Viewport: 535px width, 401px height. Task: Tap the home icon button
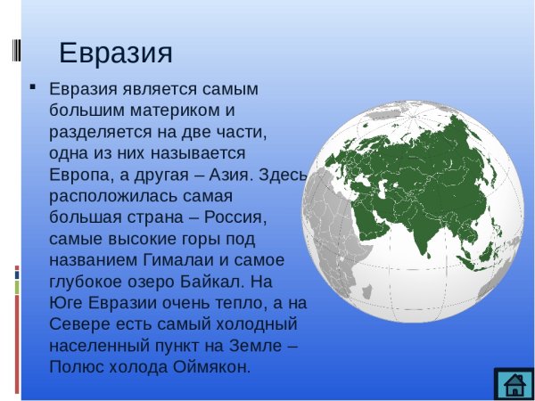click(x=514, y=384)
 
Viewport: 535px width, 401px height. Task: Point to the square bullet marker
click(x=33, y=88)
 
